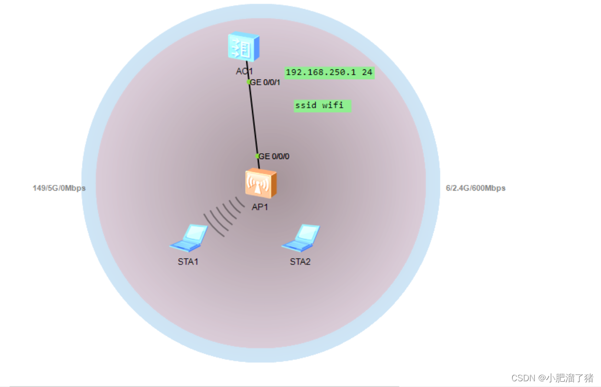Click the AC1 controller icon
[243, 46]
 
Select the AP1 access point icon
[260, 183]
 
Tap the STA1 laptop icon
[189, 238]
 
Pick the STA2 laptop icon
[301, 238]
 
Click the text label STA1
[188, 262]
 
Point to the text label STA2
[300, 262]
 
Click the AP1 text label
[259, 207]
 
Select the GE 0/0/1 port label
[265, 82]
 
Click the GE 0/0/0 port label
[274, 156]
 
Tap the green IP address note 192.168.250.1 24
[329, 72]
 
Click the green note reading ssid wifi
[322, 105]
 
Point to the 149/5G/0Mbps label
[59, 188]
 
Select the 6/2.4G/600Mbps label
[475, 188]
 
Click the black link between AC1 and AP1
[253, 120]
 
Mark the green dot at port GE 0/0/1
[249, 82]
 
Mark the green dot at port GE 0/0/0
[257, 156]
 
